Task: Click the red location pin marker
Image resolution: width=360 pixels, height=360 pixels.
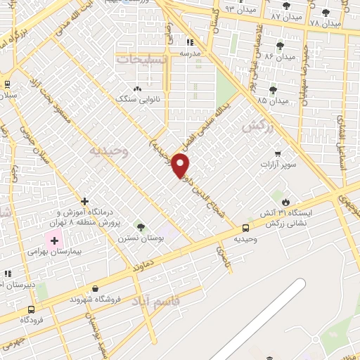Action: [x=181, y=166]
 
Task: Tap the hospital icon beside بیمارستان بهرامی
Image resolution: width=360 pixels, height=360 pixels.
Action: [x=53, y=240]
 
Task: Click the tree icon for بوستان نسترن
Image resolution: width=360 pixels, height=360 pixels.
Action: [x=141, y=226]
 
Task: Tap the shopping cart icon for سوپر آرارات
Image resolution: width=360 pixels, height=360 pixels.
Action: [x=278, y=153]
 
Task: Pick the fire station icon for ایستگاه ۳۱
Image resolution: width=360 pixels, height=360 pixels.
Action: [x=285, y=195]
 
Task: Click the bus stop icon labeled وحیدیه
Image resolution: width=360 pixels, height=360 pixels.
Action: [x=245, y=228]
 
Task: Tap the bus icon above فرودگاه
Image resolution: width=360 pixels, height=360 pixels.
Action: [x=30, y=309]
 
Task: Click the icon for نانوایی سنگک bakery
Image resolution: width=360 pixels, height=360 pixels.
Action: [x=137, y=89]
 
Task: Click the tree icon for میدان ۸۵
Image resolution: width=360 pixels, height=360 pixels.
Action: [x=273, y=89]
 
